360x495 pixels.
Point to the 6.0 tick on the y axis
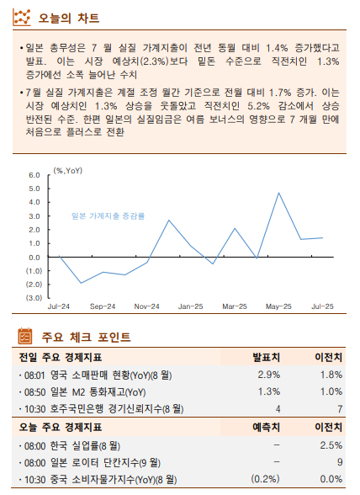[35, 175]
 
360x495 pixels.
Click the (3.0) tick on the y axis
[34, 297]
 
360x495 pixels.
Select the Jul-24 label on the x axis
[59, 307]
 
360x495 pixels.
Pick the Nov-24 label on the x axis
[147, 307]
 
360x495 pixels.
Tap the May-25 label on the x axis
[279, 307]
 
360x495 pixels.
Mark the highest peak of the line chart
[279, 193]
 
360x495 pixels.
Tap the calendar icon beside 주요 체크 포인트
[26, 338]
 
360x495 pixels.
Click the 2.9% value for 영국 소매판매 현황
[268, 375]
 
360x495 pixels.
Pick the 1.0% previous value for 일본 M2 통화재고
[331, 391]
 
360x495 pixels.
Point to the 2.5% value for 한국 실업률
[331, 444]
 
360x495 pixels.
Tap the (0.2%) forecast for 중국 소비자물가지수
[266, 479]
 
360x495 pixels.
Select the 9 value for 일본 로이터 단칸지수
[339, 461]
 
